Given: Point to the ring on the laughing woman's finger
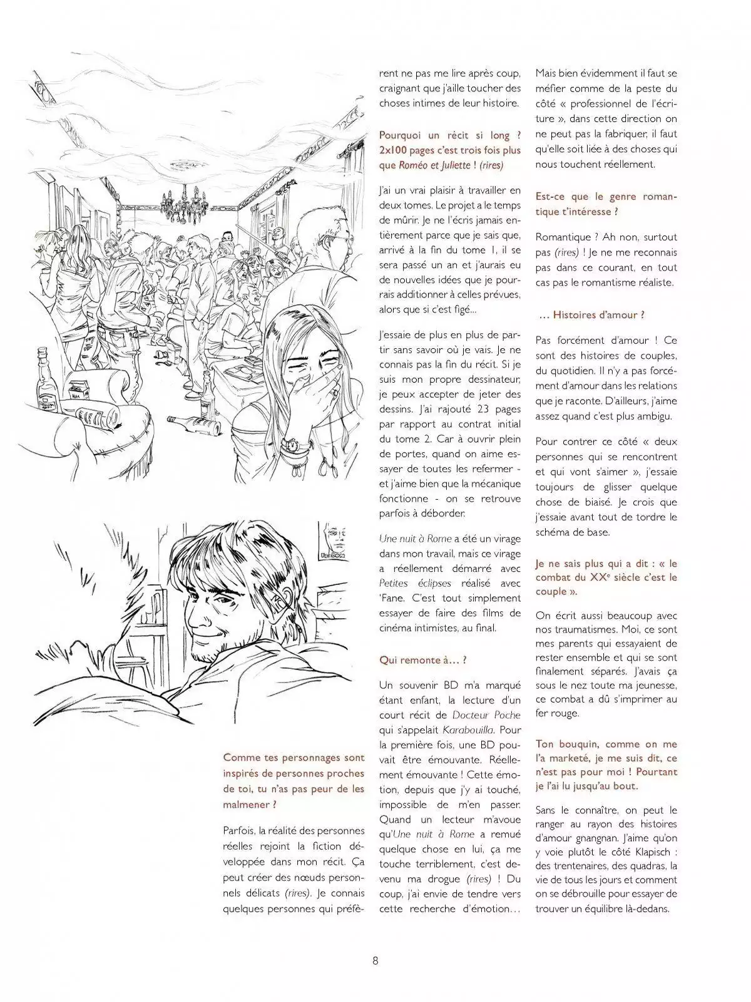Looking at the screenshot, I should click(335, 393).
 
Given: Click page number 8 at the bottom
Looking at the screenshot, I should click(375, 960).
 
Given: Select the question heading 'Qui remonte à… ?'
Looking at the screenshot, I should click(423, 659).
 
